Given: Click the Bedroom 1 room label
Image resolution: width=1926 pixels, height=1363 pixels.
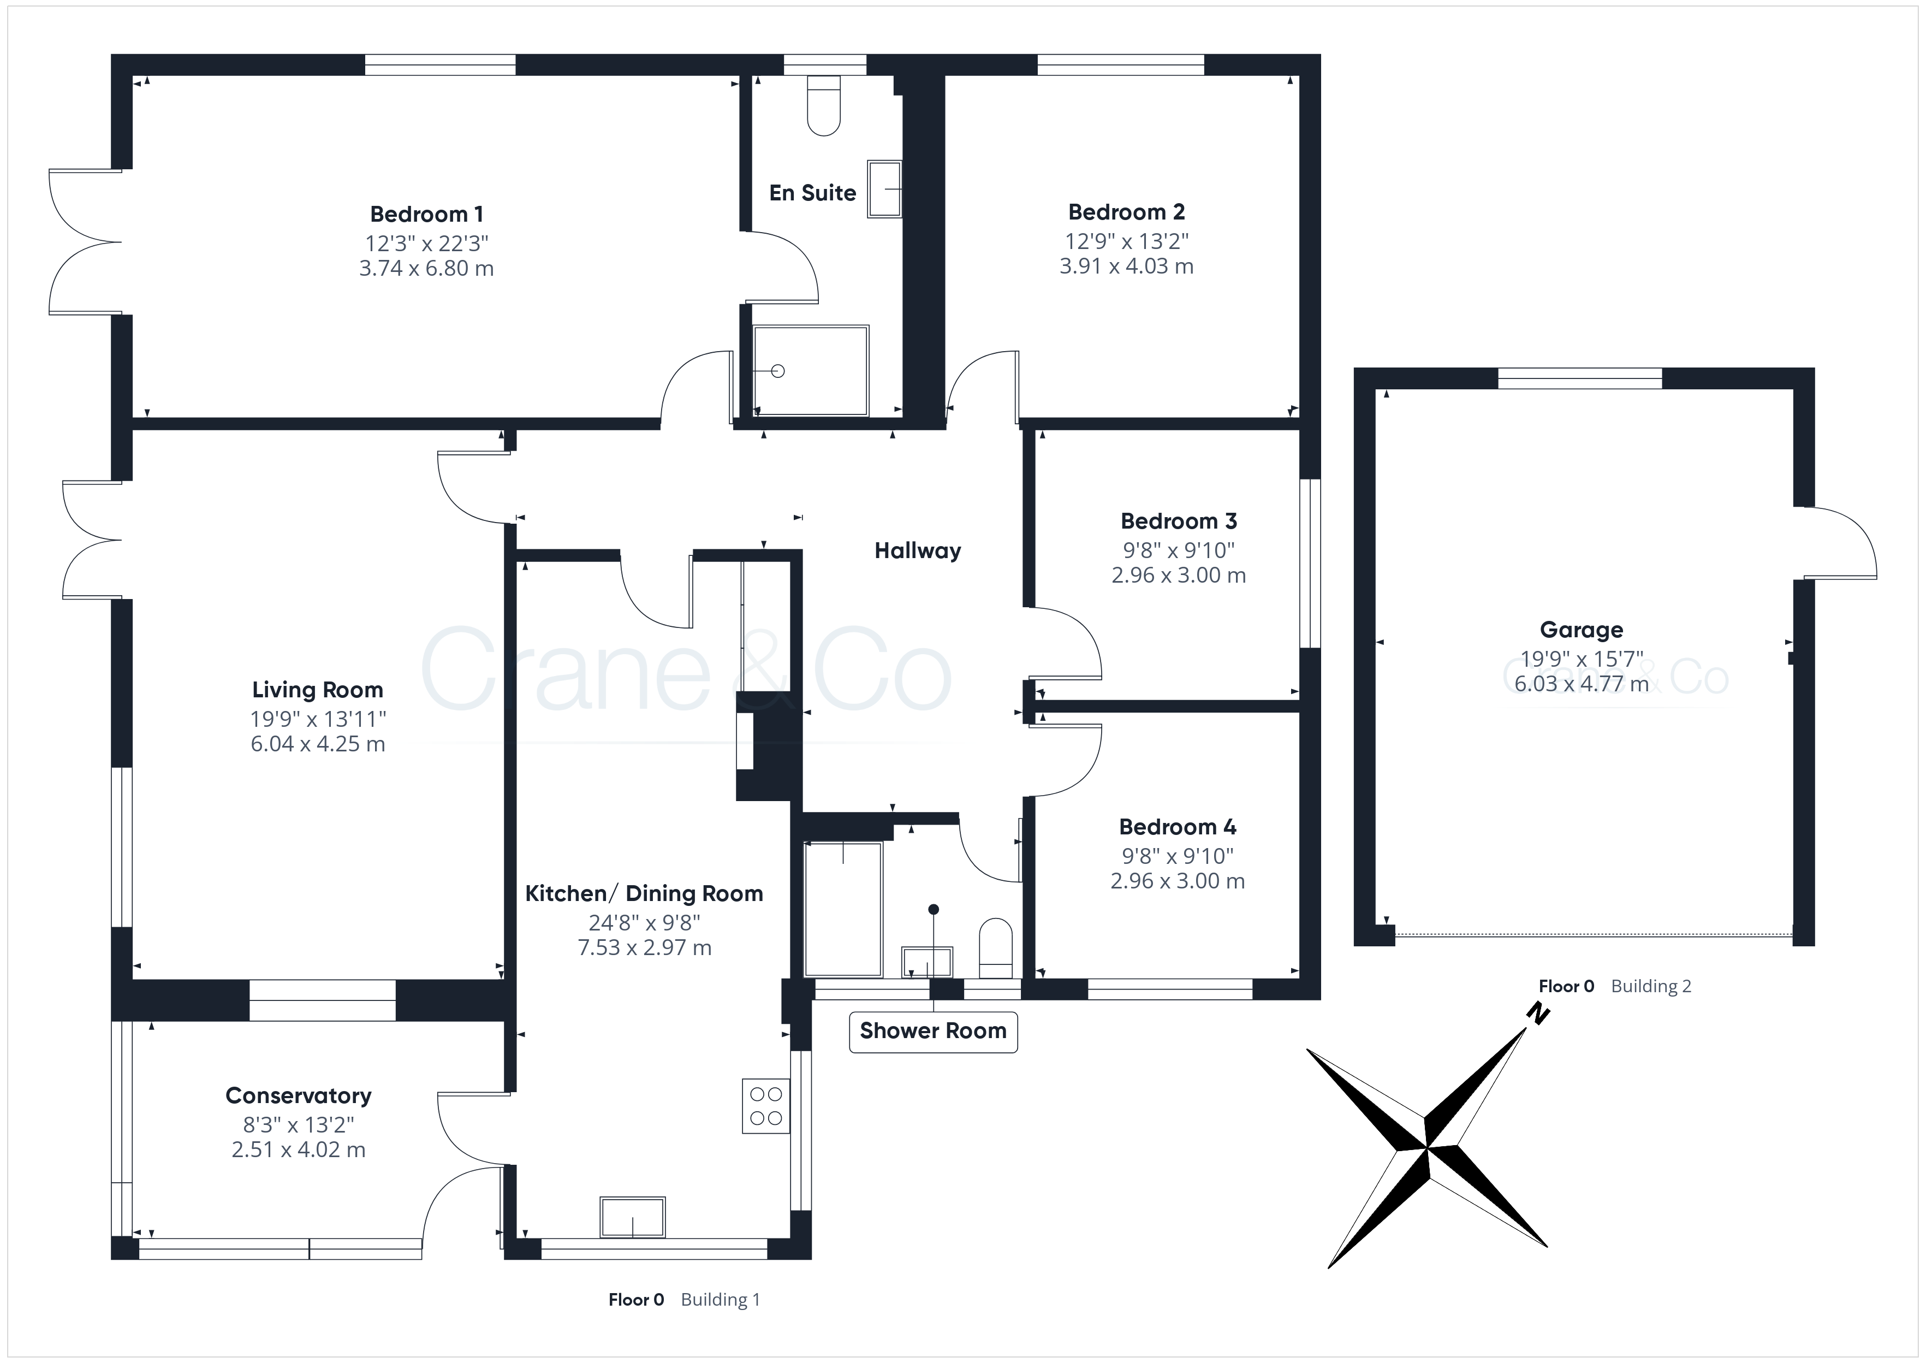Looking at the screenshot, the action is (426, 215).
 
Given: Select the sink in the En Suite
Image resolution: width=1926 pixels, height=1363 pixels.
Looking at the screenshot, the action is (884, 189).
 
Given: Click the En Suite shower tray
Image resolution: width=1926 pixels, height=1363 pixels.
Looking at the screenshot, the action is (810, 371).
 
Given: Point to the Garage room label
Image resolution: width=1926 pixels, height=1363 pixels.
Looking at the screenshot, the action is (1581, 630).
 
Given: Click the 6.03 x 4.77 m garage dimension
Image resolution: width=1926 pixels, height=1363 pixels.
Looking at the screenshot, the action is (1581, 684).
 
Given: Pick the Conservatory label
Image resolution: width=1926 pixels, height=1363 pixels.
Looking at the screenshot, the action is (299, 1096).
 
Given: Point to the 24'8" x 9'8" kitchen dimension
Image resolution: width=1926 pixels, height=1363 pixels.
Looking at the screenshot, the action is (644, 923).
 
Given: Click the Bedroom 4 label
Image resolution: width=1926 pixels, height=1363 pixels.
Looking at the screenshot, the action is (1178, 827).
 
